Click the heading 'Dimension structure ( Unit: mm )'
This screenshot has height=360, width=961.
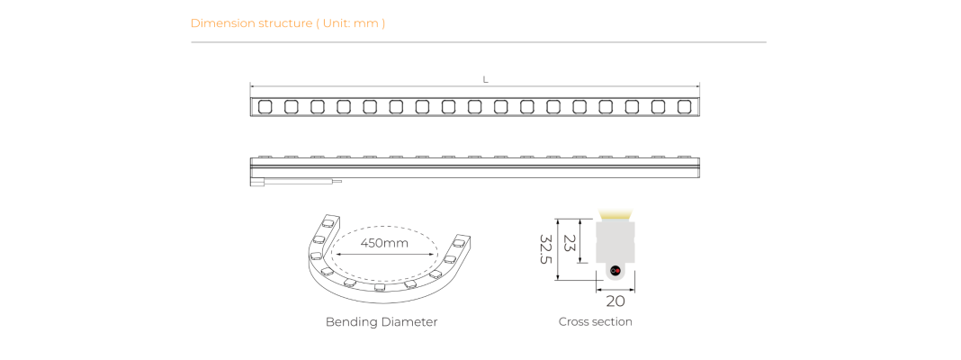(287, 23)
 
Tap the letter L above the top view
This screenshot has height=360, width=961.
(485, 80)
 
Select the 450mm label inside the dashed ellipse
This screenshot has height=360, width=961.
(384, 243)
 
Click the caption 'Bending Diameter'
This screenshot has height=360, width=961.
(382, 321)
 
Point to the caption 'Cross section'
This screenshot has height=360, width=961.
(595, 321)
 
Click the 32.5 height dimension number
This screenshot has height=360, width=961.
(545, 249)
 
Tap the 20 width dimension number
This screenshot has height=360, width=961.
(615, 301)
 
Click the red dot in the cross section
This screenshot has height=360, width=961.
(617, 271)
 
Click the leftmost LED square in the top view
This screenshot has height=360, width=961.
(265, 107)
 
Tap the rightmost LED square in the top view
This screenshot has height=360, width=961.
(684, 107)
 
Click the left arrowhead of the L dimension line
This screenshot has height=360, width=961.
(252, 86)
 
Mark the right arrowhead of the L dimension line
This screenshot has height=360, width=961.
(697, 86)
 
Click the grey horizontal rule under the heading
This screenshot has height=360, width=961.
(479, 42)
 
